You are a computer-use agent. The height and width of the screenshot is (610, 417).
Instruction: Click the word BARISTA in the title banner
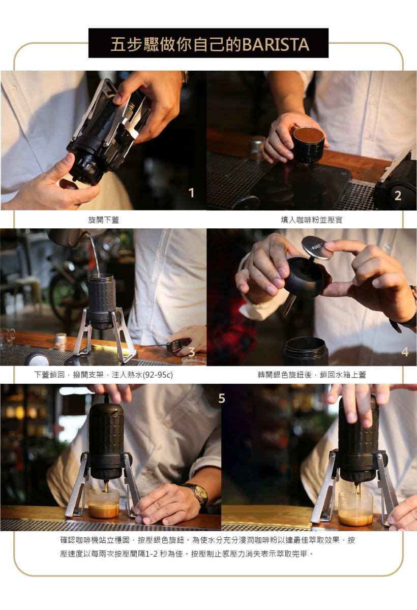tap(276, 45)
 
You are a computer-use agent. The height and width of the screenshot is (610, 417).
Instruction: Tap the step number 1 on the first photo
tap(192, 193)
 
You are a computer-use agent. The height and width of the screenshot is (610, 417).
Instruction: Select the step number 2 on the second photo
tap(398, 196)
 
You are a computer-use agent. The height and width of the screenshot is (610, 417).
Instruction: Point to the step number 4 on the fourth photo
tap(405, 352)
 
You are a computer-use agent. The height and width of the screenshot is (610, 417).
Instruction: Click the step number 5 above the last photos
tap(222, 399)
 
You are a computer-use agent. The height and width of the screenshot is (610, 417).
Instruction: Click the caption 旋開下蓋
tap(104, 220)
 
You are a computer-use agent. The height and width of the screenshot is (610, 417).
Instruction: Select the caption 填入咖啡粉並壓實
tap(312, 220)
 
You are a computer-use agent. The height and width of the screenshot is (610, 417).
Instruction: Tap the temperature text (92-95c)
tap(158, 375)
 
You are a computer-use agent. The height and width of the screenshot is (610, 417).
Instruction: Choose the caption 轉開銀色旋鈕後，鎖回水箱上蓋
tap(312, 375)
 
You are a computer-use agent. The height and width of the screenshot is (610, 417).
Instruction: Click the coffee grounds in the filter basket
tap(308, 135)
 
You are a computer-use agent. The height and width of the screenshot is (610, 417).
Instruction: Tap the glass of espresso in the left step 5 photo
tap(104, 503)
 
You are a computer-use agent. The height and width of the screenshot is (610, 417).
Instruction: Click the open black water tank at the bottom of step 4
tap(306, 351)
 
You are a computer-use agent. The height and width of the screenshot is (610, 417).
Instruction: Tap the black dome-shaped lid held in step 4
tap(305, 277)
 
